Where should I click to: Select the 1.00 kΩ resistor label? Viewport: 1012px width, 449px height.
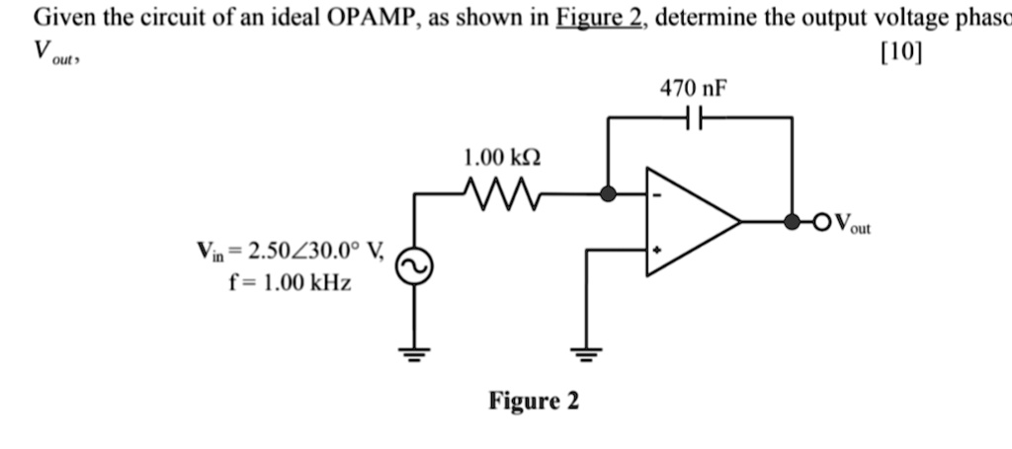(x=502, y=158)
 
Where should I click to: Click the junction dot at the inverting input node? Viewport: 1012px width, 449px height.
(x=609, y=194)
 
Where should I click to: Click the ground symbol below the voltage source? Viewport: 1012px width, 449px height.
(x=413, y=356)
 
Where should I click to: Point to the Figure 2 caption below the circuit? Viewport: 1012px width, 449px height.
(x=534, y=402)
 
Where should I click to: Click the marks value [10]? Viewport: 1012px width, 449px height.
(x=898, y=53)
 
